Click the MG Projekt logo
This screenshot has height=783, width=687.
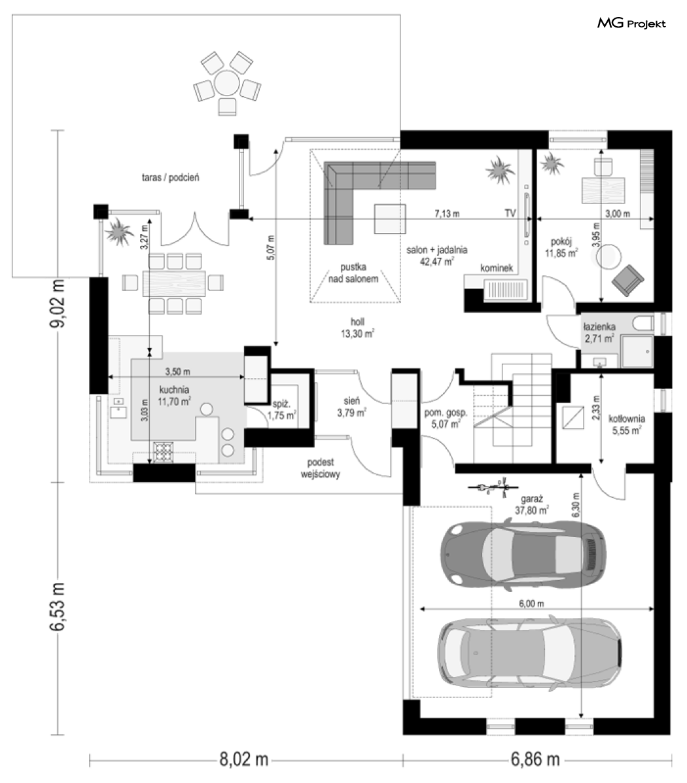631,23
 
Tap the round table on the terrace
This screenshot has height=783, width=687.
227,83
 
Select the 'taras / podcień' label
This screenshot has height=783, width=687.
170,177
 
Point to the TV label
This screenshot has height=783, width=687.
510,213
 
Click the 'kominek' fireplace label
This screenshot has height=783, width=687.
497,268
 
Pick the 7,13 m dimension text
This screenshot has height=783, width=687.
447,214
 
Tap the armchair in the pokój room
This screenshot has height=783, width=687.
627,280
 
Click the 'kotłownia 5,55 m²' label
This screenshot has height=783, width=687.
627,425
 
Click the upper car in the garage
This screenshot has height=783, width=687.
523,553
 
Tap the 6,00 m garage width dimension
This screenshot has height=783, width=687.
532,603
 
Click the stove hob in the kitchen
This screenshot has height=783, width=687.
164,452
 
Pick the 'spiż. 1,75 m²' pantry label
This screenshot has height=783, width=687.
282,410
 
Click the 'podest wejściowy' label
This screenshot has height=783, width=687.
320,468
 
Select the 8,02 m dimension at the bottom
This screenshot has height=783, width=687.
244,759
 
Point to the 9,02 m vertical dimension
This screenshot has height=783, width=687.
58,304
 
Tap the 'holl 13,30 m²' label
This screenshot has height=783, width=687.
358,328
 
